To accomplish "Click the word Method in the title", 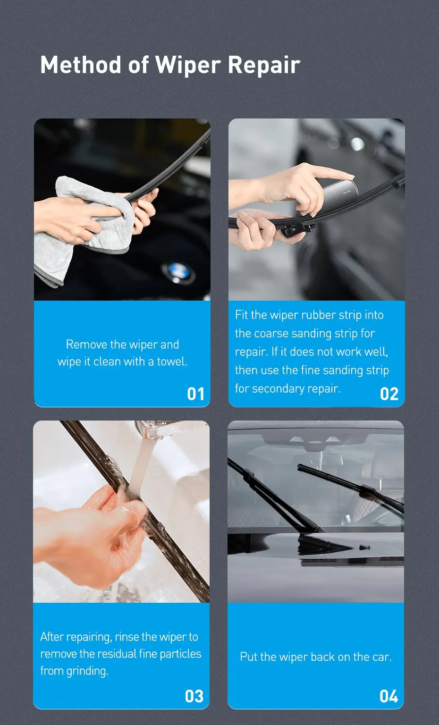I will coord(81,65).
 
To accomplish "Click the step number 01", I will coord(195,394).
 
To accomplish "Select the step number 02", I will coord(389,394).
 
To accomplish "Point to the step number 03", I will coord(194,696).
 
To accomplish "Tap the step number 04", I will coord(388,696).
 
